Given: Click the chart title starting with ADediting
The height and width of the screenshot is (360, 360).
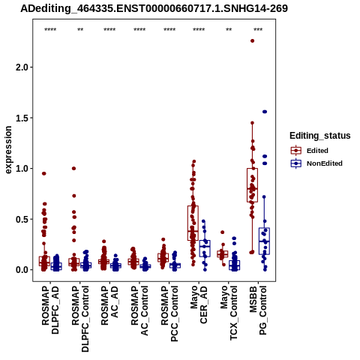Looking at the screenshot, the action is coord(154,9).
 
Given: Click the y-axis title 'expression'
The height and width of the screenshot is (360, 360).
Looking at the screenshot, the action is coord(8,150).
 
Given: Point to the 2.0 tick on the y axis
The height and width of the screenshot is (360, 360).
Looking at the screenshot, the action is coord(22,67).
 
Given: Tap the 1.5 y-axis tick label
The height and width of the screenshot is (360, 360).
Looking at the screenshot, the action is coord(22,118).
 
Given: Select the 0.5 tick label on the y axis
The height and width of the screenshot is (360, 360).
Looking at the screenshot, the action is coord(22,219).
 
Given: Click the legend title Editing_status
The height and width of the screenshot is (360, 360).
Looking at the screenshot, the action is coord(320,136).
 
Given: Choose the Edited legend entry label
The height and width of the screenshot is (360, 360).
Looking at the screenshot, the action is coord(317,151).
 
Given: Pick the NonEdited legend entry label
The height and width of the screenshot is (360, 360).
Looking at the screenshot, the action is coord(325,163).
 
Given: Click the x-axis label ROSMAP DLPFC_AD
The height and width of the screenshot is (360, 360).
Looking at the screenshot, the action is coord(50,310).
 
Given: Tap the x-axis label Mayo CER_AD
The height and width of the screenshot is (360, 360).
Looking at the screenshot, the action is coord(199,304).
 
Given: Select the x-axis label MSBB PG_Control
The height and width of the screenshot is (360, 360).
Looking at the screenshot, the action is coord(258,310).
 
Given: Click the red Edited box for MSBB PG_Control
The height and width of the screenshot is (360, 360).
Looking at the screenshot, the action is coord(252,185).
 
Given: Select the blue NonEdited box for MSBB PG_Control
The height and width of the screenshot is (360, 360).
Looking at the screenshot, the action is coord(264,241).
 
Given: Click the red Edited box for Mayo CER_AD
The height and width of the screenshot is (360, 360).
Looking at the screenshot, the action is coord(193,223).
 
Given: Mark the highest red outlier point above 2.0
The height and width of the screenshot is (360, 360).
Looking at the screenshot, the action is coord(253,40).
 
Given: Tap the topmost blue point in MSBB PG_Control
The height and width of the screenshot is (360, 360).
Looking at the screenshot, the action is coord(265,112).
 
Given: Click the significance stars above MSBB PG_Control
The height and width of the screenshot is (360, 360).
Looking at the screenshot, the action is coord(258,30).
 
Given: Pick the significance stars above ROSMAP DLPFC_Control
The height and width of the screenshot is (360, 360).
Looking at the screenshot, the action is coord(80,30).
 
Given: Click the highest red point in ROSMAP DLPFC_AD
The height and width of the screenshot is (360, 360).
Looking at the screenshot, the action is coord(44,173).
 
